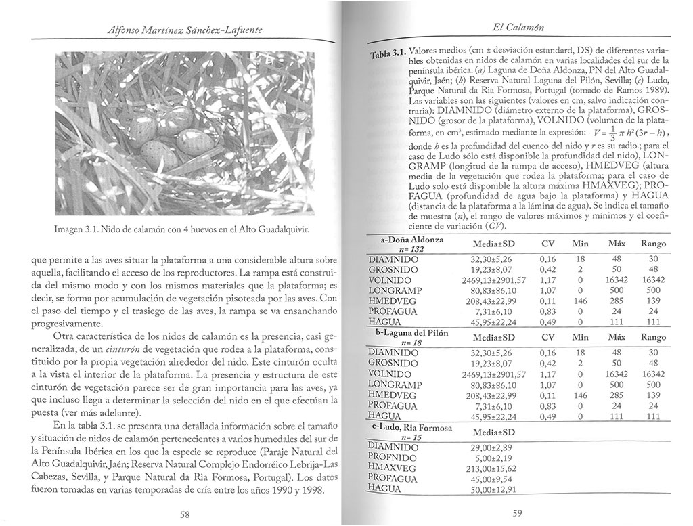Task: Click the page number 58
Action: click(x=184, y=514)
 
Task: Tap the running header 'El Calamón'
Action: click(x=520, y=28)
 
